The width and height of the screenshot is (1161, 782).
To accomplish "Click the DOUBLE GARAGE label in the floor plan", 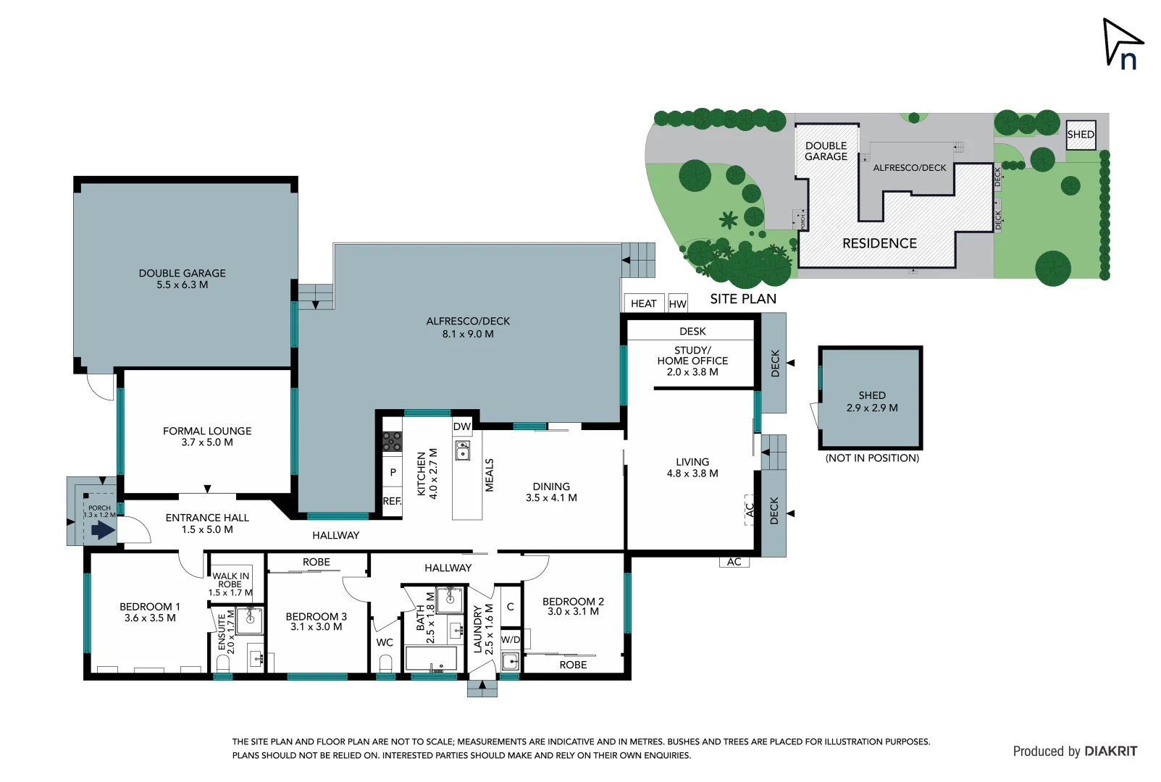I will click(x=183, y=279).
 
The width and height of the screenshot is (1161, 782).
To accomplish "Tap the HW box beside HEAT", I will click(x=677, y=304).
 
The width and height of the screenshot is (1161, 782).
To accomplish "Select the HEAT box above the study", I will click(x=643, y=303).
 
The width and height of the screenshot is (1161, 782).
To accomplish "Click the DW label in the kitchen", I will click(x=462, y=426).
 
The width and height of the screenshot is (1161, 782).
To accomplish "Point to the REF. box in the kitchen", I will click(x=392, y=501).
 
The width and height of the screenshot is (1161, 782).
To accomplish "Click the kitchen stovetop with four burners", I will click(x=392, y=441).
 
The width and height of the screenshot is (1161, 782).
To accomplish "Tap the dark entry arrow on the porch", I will click(x=101, y=530).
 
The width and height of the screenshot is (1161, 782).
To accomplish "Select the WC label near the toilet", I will click(x=385, y=642).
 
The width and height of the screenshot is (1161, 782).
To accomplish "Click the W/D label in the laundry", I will click(x=511, y=639).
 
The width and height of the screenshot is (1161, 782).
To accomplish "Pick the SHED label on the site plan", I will click(x=1080, y=135).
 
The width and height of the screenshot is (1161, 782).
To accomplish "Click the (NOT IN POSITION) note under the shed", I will click(x=872, y=458).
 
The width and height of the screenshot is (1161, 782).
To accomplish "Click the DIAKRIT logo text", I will click(x=1110, y=751).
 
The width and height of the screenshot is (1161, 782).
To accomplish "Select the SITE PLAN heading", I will click(x=742, y=299).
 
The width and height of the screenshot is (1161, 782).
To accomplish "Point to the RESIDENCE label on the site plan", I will click(x=879, y=243).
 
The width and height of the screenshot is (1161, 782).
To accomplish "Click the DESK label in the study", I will click(x=692, y=331).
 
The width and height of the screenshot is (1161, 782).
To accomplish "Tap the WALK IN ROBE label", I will click(x=230, y=580).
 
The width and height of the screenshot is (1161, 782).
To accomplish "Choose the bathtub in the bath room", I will click(x=431, y=659).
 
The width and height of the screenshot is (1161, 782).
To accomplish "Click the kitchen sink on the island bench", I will click(x=462, y=450).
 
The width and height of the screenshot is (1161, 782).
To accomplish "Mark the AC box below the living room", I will click(x=734, y=562).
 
